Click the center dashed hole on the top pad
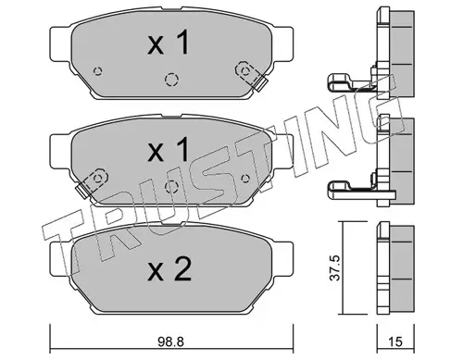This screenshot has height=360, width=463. [170, 79]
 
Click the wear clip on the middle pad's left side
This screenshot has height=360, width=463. [86, 189]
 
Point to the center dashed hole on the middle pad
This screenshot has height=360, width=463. [170, 186]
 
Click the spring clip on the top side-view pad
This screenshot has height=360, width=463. [352, 79]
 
